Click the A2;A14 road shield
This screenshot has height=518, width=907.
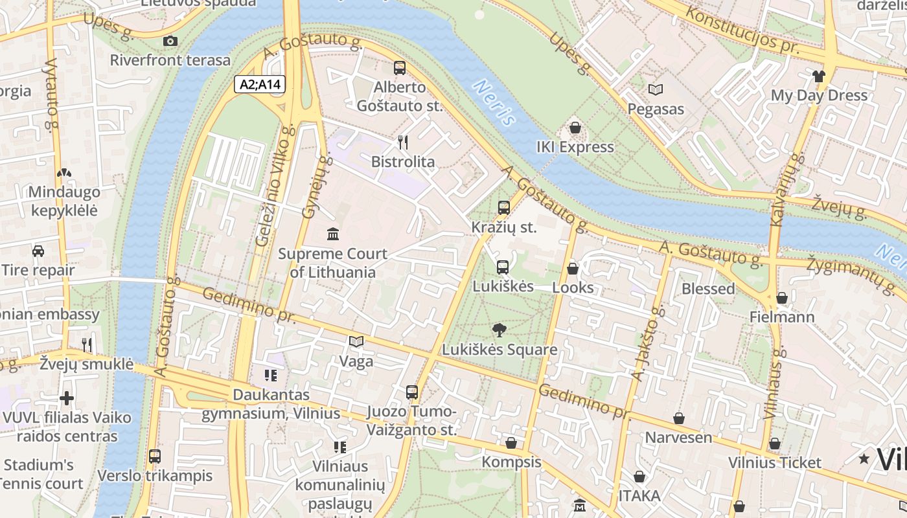coord(260,84)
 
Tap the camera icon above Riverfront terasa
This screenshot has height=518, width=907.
coord(170,41)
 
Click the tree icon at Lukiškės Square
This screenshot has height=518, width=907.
coord(499,331)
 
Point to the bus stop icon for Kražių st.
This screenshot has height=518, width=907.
coord(503,208)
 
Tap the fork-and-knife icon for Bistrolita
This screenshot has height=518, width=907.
coord(402,142)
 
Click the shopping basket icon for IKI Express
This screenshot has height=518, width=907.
coord(575,128)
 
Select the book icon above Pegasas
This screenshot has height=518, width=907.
coord(656,90)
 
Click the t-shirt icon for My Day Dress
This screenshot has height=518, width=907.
coord(818,76)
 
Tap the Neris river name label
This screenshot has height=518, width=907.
coord(495,102)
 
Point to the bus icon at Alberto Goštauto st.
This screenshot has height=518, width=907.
coord(400,68)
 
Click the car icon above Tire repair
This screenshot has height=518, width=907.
coord(38,251)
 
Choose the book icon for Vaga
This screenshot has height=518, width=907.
coord(356,341)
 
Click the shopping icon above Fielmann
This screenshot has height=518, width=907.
coord(782,298)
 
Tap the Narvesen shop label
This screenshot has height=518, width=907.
coord(678,438)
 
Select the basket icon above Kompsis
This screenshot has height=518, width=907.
coord(511,443)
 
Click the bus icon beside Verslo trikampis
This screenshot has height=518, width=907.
coord(155,456)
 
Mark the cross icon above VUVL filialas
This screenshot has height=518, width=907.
coord(66,398)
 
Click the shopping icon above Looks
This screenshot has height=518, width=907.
coord(573,268)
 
